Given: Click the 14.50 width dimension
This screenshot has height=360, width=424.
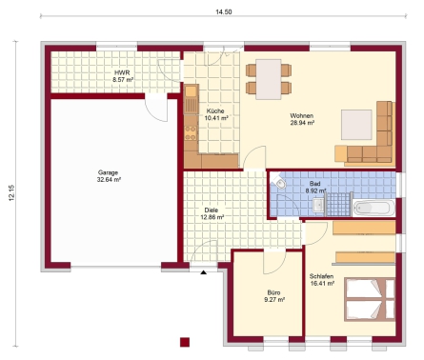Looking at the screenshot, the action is pos(224,12).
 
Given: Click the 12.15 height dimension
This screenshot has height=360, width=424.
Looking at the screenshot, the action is pos(11,192).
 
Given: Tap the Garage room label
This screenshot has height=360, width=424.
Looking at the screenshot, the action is pos(108,172).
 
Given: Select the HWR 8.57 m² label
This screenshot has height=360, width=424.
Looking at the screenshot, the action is pos(123,76).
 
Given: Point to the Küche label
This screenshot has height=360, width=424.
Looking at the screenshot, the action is pos(215,111).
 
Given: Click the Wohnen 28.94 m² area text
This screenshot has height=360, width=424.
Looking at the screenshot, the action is pos(302,119).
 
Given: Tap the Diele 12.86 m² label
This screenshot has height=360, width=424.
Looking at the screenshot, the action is pos(212,213).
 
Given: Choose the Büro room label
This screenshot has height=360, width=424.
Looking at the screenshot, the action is pos(273,292).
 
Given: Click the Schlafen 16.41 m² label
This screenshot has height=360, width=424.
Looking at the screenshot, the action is pos(322,280).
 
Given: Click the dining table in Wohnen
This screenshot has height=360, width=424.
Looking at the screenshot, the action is pos(269,79).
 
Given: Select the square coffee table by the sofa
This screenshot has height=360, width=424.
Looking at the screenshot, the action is pos(356,125).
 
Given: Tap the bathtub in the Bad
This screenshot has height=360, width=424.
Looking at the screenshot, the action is pos(374,208).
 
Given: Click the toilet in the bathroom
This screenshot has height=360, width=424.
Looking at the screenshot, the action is pos(278,182).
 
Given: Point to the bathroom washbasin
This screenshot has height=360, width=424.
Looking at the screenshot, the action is pos(318,206).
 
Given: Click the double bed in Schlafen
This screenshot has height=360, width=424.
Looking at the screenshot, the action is pos(370,299).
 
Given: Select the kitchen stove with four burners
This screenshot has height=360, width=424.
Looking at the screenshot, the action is pos(191,133).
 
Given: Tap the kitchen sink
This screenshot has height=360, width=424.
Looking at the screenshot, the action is pos(192,99).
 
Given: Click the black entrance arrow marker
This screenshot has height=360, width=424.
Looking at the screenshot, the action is pos(204,272).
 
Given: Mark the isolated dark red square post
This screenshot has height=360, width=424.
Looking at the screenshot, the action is pos(185,342).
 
